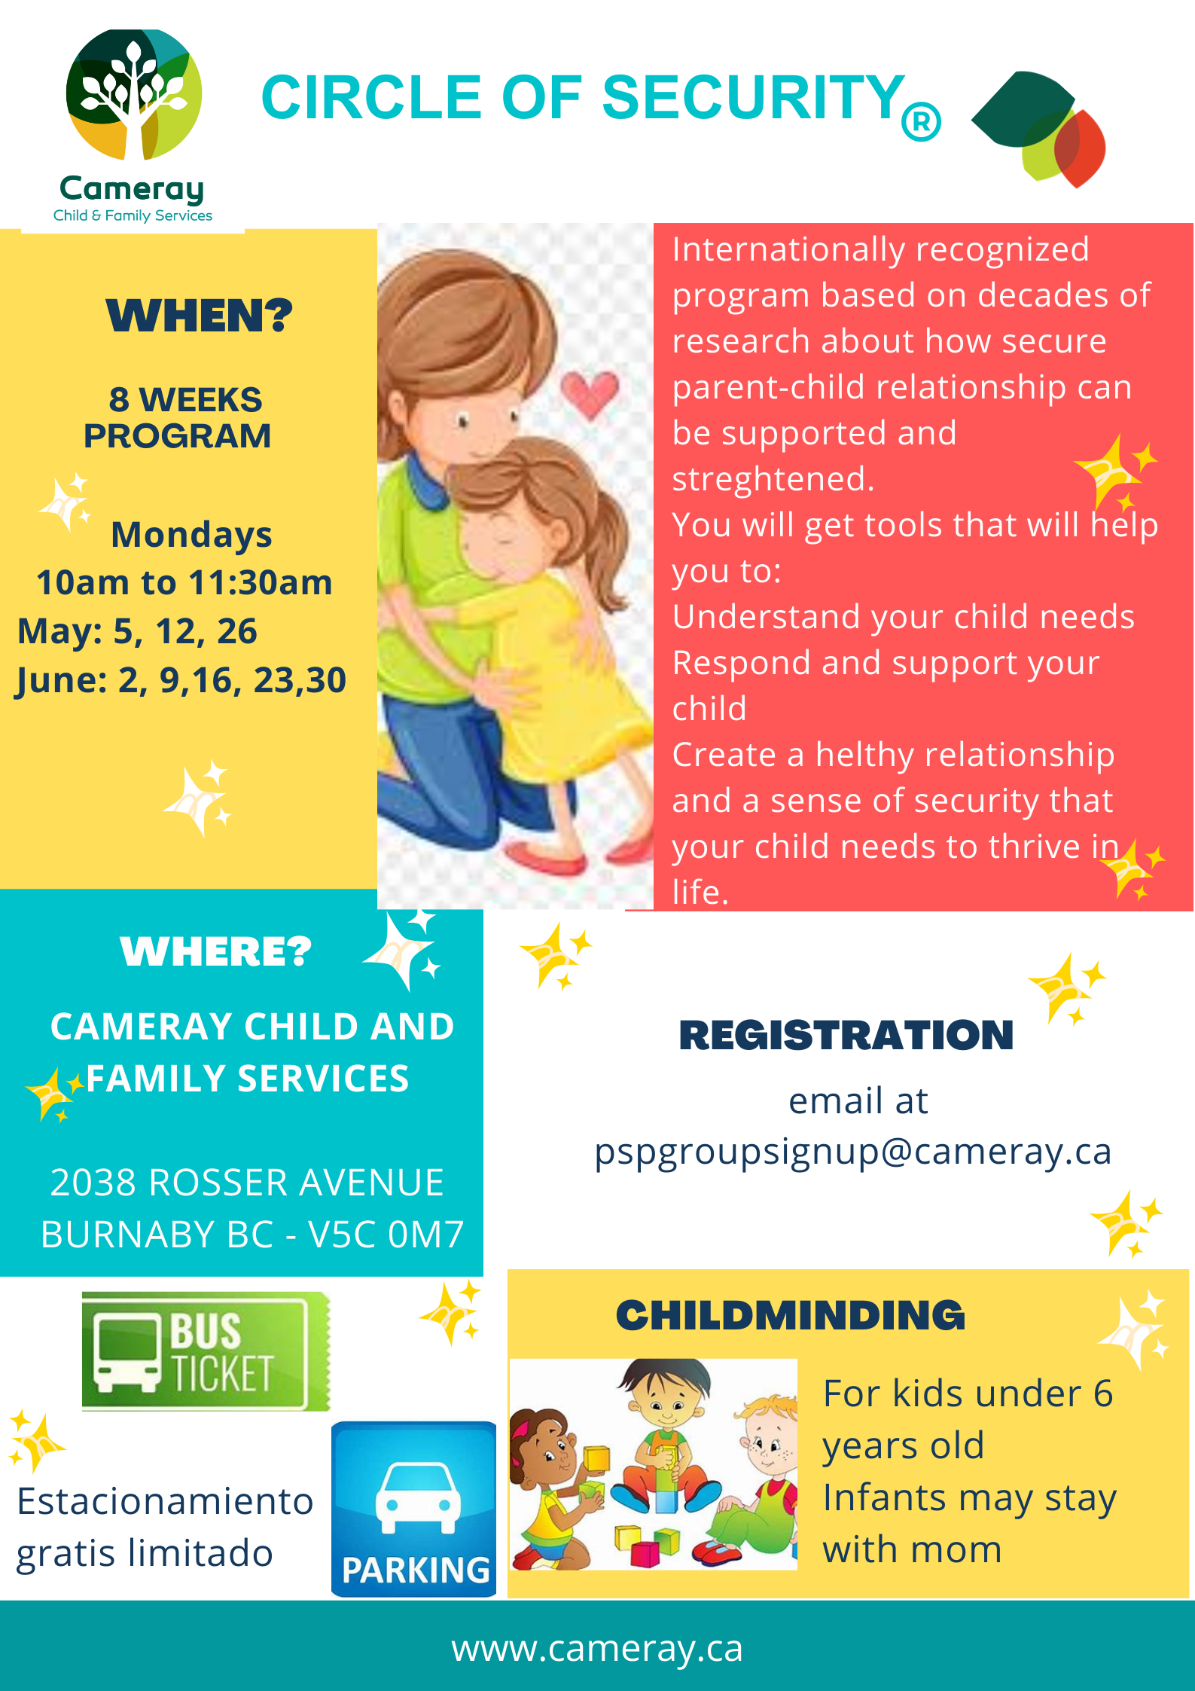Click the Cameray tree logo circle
133,94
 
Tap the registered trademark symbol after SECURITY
921,121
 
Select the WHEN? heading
199,316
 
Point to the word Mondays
191,535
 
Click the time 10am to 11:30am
184,582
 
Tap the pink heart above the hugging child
590,394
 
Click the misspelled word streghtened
773,479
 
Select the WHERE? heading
215,951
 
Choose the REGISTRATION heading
846,1035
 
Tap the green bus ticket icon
206,1351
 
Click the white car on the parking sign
417,1497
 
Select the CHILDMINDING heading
791,1316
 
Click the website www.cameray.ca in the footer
597,1648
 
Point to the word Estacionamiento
165,1501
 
